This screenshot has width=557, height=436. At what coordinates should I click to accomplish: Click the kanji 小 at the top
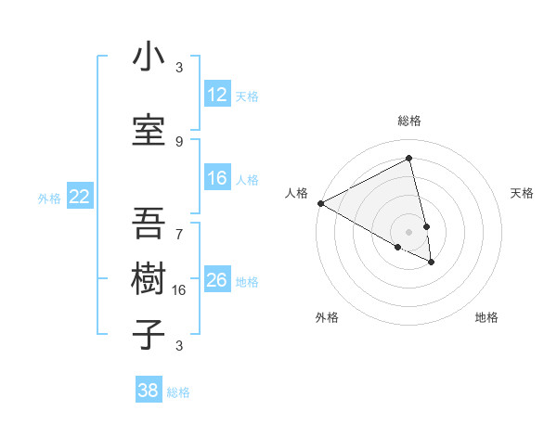(x=149, y=58)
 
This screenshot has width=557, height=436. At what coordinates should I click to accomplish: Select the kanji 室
(x=149, y=131)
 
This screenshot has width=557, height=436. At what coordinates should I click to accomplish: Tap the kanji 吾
(x=149, y=223)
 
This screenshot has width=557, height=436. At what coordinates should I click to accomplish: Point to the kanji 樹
(x=149, y=278)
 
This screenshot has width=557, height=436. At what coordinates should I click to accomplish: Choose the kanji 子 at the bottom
(x=149, y=334)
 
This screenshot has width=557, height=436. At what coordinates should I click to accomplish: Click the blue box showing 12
(x=217, y=95)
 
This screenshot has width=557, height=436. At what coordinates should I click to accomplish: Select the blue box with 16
(x=217, y=178)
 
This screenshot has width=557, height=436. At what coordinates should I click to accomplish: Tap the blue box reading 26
(x=217, y=280)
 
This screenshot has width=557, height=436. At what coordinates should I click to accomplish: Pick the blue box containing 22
(x=80, y=197)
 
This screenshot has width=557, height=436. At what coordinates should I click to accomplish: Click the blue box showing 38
(x=149, y=391)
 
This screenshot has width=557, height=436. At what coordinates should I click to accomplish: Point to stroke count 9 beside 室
(x=179, y=141)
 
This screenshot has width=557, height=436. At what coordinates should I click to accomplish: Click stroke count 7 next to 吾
(x=179, y=225)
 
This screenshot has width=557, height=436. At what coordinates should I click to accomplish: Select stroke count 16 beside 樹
(x=179, y=290)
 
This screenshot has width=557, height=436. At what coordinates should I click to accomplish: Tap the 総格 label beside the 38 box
(x=178, y=391)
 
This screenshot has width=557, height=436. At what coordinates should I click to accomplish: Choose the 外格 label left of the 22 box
(x=49, y=198)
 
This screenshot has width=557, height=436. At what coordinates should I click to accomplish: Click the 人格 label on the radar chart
(x=297, y=193)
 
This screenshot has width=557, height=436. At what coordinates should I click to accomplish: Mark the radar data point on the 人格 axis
(x=320, y=203)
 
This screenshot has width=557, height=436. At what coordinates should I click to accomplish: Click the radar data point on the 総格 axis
(x=409, y=159)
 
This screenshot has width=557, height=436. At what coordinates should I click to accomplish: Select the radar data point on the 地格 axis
(x=432, y=263)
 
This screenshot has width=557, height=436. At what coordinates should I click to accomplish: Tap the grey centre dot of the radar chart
(x=409, y=231)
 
